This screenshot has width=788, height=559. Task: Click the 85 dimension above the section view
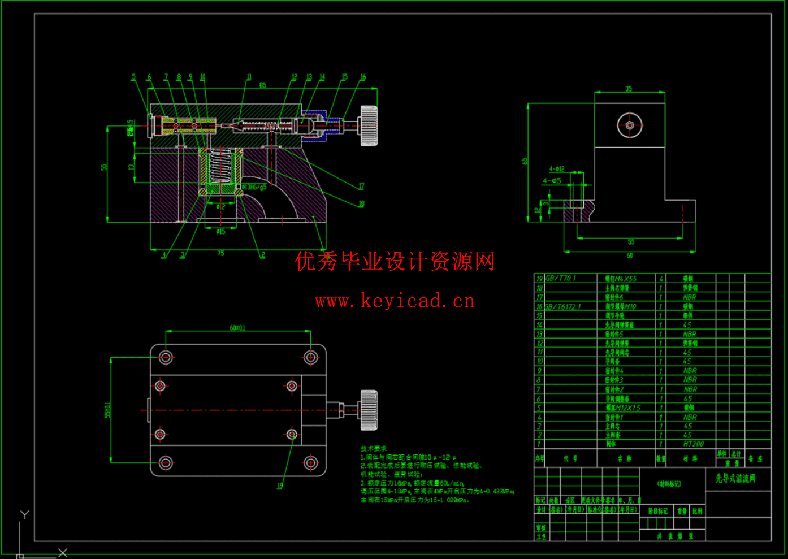(x=262, y=85)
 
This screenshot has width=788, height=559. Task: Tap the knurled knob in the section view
(x=369, y=125)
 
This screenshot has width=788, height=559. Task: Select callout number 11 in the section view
(x=249, y=77)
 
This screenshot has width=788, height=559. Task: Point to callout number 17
(x=361, y=186)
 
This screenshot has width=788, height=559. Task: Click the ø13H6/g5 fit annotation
(x=254, y=187)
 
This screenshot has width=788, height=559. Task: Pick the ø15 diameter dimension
(x=220, y=231)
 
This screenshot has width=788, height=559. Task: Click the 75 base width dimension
(x=220, y=253)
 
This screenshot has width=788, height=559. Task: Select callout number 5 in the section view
(x=133, y=77)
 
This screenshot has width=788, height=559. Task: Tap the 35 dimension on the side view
(x=629, y=89)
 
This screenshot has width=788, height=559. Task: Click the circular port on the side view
(x=630, y=125)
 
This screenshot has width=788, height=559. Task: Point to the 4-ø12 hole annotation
(x=557, y=169)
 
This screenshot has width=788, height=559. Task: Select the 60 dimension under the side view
(x=630, y=255)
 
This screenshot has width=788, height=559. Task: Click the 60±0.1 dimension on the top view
(x=237, y=328)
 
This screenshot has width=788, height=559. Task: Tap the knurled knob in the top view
(x=369, y=410)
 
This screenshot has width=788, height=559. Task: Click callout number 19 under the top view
(x=279, y=486)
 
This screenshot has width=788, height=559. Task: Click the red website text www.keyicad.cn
(x=395, y=301)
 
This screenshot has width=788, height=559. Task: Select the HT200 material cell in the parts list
(x=693, y=444)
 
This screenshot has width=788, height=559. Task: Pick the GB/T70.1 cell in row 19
(x=561, y=278)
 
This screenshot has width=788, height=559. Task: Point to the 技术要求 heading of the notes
(x=374, y=448)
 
